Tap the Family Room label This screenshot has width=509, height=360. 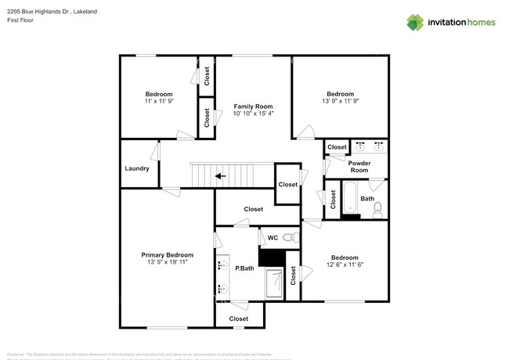(253, 106)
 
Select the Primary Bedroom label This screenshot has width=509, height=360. (167, 255)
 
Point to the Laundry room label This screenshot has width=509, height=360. (137, 168)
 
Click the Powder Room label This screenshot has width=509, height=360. (359, 166)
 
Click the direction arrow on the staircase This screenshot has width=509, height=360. (221, 176)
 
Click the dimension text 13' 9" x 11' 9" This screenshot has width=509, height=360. (340, 103)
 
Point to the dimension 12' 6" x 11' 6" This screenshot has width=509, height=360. (344, 266)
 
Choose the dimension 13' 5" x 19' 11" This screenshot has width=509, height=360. (167, 264)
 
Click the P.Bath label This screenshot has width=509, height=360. (245, 268)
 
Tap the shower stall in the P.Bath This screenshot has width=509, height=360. (274, 283)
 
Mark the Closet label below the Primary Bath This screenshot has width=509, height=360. (239, 319)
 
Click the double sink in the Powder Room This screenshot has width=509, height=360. (367, 146)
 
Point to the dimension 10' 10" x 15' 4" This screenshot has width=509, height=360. (253, 114)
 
